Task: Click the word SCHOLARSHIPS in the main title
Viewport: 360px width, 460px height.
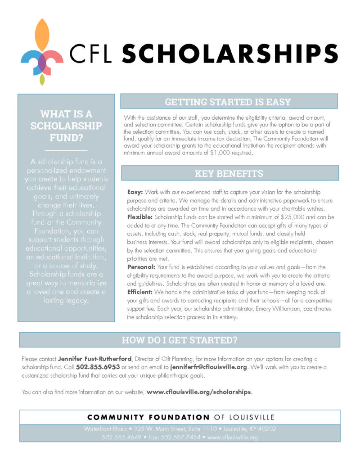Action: (229, 54)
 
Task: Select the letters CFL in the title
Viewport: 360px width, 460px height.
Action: (93, 54)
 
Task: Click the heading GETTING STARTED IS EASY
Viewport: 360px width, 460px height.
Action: (228, 102)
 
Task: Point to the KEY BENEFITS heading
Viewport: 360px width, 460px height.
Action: (229, 173)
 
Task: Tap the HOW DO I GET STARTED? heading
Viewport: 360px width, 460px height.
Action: (180, 340)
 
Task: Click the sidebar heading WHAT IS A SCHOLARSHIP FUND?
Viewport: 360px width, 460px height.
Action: (66, 126)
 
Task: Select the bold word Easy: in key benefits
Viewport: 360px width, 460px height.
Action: (135, 192)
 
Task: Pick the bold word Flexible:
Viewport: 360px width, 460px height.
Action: (140, 217)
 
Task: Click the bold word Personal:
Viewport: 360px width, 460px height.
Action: (141, 267)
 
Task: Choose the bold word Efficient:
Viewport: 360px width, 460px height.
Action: (141, 292)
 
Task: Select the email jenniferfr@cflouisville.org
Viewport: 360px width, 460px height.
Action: (209, 367)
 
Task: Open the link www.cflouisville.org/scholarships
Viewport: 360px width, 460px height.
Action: (198, 392)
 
